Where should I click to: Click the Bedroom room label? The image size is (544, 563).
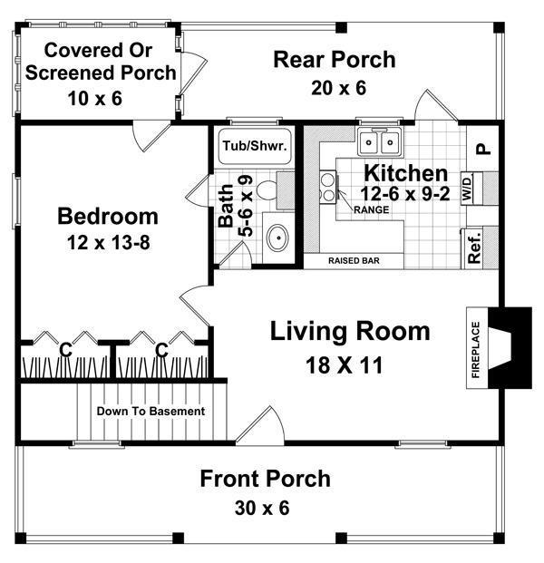(x=107, y=217)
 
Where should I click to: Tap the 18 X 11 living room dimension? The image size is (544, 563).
(x=350, y=366)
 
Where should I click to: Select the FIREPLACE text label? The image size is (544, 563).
(x=474, y=350)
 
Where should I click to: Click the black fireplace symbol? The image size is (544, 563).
(x=510, y=348)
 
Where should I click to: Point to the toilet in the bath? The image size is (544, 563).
(x=267, y=191)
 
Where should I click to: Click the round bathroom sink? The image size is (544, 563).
(x=278, y=238)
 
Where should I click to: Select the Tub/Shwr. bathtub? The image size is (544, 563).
(x=252, y=145)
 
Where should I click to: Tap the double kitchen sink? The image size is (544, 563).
(x=382, y=142)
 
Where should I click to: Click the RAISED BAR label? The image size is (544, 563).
(x=353, y=261)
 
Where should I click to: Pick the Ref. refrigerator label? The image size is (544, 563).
(x=474, y=246)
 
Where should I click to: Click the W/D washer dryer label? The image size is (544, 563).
(x=467, y=189)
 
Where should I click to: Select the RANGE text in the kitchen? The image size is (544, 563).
(x=371, y=209)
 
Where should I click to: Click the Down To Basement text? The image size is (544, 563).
(x=151, y=411)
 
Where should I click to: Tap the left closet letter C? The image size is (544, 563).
(x=65, y=349)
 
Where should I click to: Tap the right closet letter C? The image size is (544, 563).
(x=161, y=349)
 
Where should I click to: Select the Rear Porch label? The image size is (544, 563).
(x=335, y=60)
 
